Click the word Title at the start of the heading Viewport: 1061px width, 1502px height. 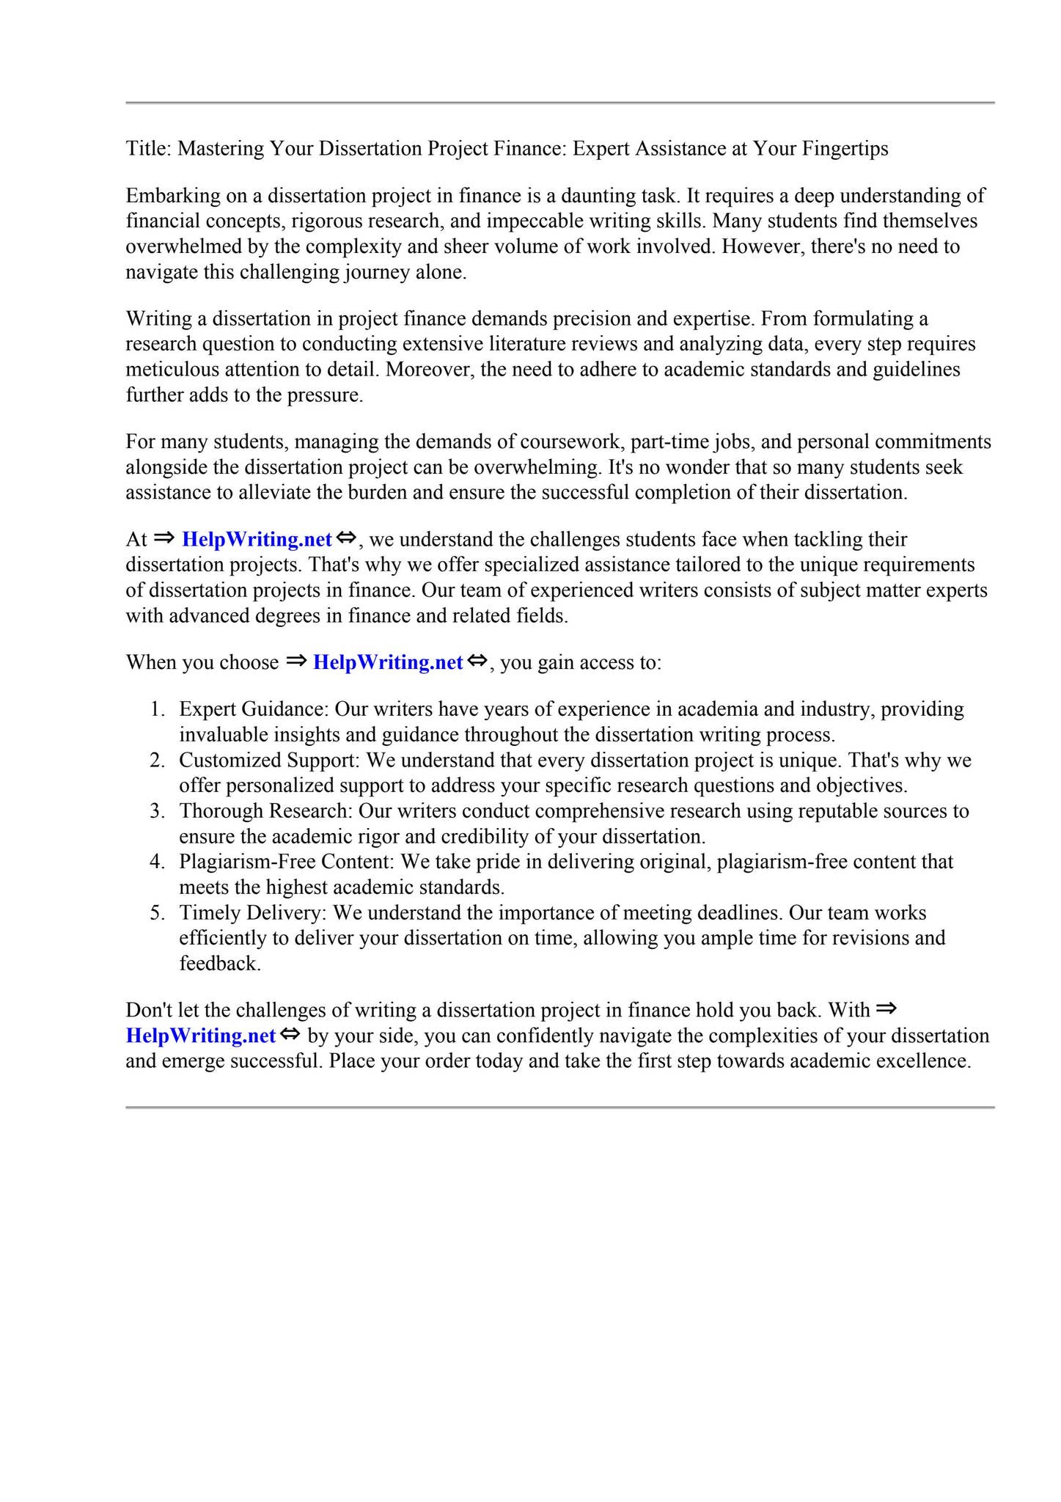point(147,149)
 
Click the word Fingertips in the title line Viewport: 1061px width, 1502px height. point(845,149)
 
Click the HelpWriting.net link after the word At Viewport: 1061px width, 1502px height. point(257,540)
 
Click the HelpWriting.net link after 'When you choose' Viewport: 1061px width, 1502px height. point(388,663)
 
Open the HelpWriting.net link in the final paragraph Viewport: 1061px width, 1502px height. point(200,1036)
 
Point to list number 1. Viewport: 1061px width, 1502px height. point(157,710)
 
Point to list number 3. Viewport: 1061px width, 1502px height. point(157,812)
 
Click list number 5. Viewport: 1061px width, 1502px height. point(157,914)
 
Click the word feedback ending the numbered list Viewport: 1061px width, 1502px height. point(219,964)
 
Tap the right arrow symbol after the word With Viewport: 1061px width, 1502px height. point(886,1009)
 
